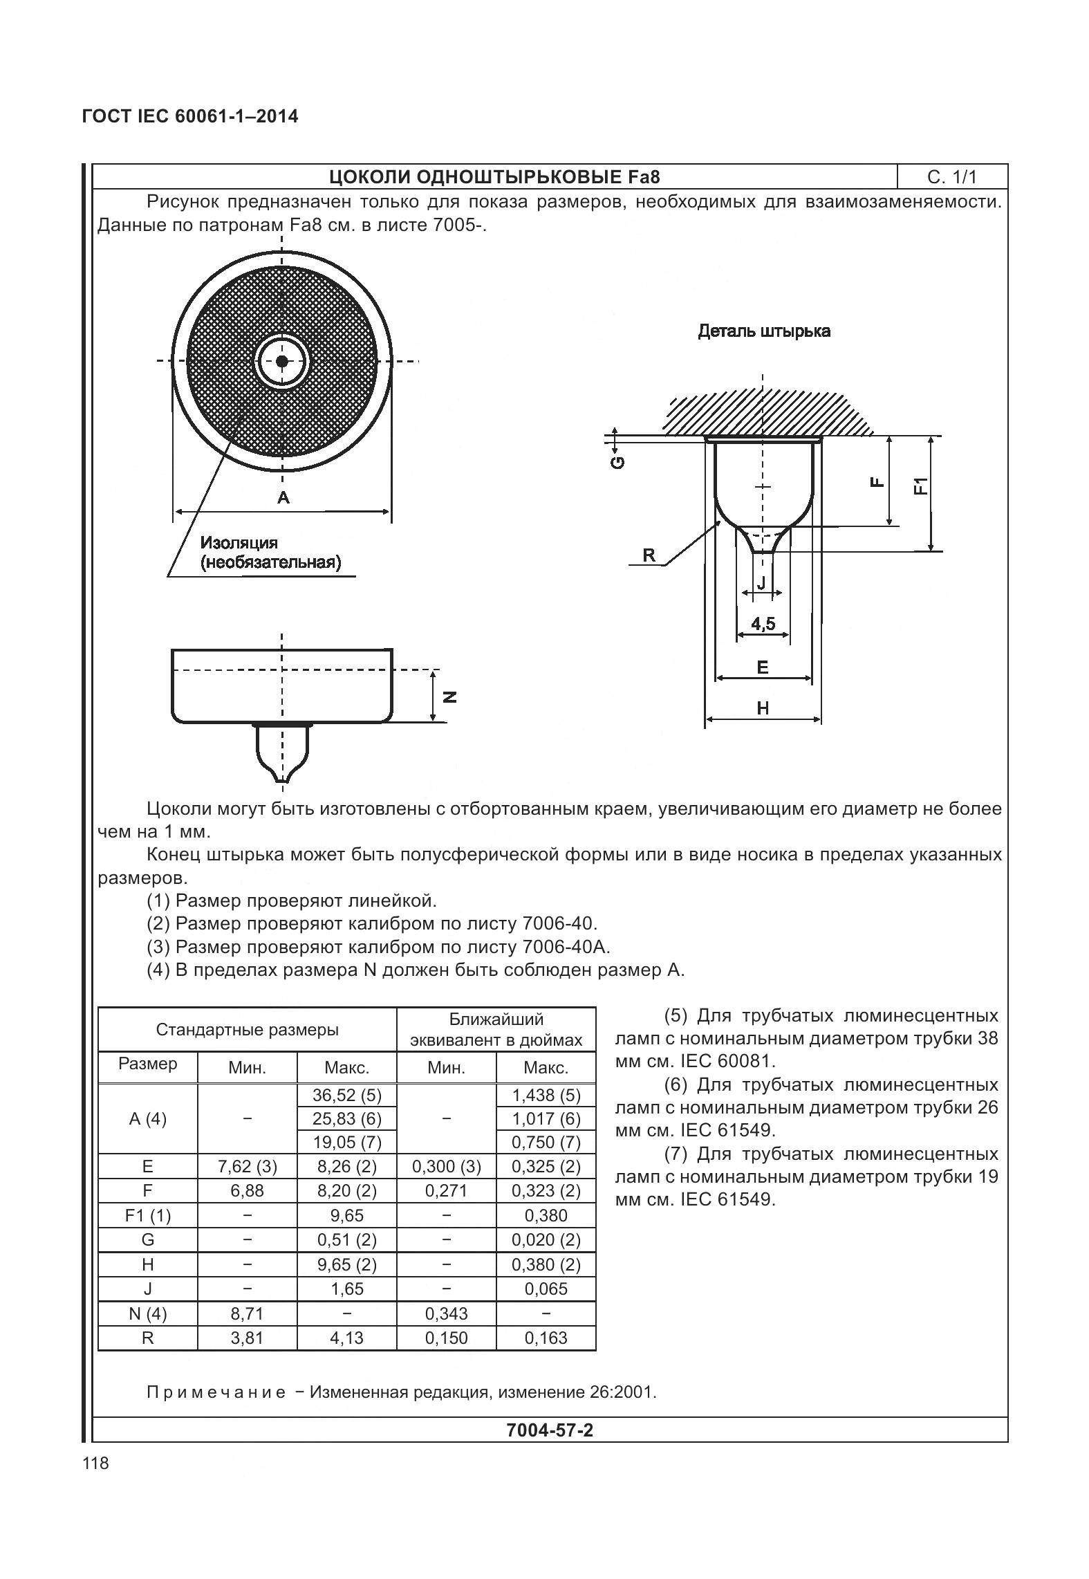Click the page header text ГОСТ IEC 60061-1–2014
coord(190,116)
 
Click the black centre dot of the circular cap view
coord(281,361)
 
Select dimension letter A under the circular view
coord(283,497)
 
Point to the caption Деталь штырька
coord(763,331)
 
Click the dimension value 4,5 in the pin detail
coord(763,624)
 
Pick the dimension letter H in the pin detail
coord(763,708)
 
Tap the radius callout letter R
coord(649,555)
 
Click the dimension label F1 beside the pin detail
coord(920,486)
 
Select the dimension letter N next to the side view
coord(450,697)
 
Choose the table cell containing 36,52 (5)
coord(346,1095)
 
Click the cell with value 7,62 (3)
coord(247,1167)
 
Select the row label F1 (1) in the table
coord(147,1215)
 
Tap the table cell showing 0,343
coord(446,1313)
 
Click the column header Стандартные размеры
coord(247,1030)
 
